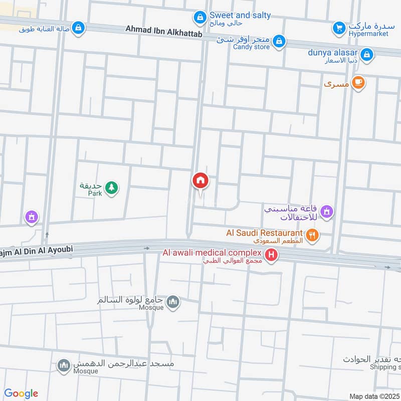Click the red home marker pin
tap(200, 180)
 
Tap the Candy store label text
tap(251, 47)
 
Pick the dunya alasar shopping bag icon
tap(367, 54)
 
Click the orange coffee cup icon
tap(358, 83)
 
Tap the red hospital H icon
tap(272, 256)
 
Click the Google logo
tap(21, 393)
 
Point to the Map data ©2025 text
tap(374, 396)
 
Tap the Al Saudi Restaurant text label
tap(265, 233)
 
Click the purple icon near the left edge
tap(31, 217)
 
